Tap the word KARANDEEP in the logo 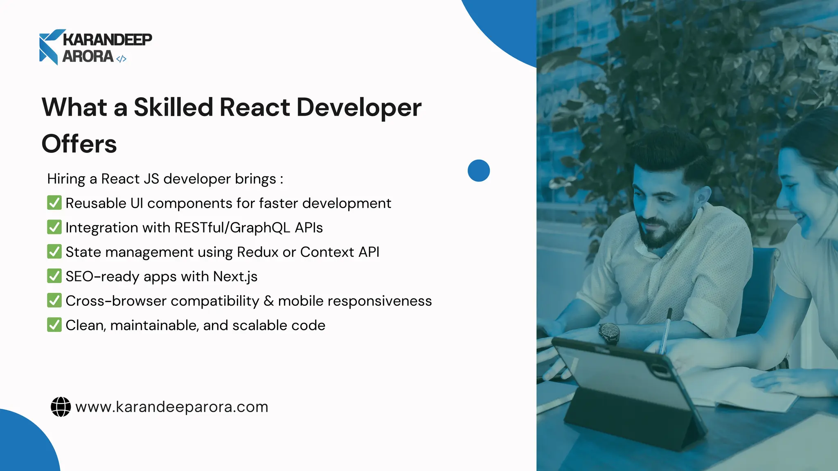click(x=107, y=40)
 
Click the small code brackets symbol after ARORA click(x=121, y=59)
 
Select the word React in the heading click(x=255, y=108)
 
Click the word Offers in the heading click(x=79, y=144)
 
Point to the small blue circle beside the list click(x=478, y=170)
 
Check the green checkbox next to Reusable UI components click(x=54, y=203)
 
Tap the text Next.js click(x=235, y=277)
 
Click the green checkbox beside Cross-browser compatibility click(x=54, y=301)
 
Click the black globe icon click(x=61, y=407)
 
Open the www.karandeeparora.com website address click(x=172, y=407)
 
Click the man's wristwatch click(x=610, y=332)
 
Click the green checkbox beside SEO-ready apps click(x=54, y=276)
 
